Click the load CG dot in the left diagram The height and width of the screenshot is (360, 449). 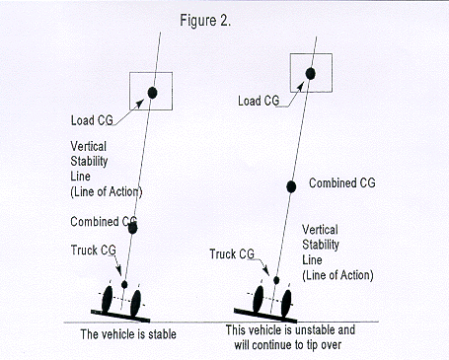pyautogui.click(x=153, y=93)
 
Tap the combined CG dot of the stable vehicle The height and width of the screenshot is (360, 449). pyautogui.click(x=133, y=229)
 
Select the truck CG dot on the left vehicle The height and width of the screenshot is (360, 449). pyautogui.click(x=124, y=284)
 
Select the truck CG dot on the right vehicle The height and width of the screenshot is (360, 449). pyautogui.click(x=276, y=281)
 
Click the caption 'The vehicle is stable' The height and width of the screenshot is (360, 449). pyautogui.click(x=129, y=334)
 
